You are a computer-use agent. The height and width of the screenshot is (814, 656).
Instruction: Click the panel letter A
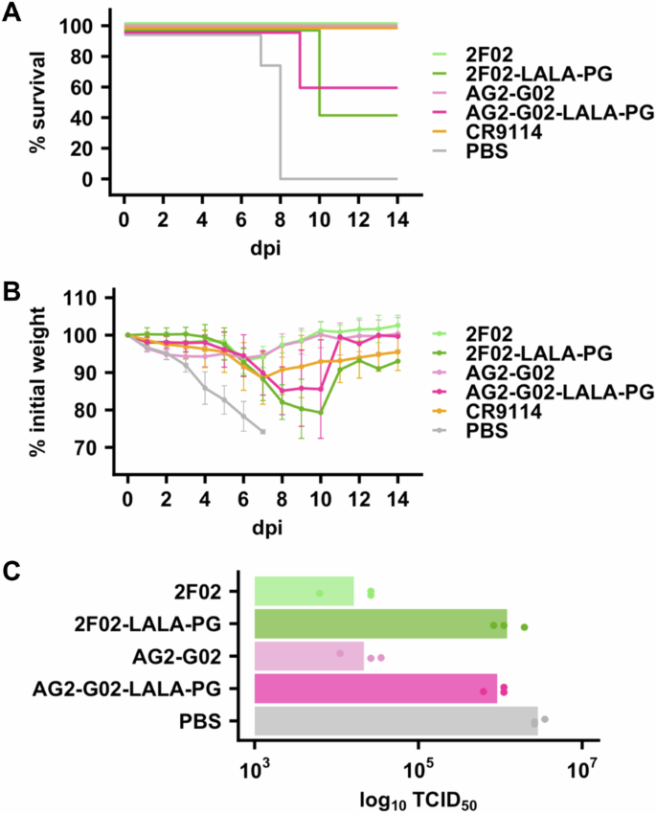coord(13,13)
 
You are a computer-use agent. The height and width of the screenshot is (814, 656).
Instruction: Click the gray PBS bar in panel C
coord(395,720)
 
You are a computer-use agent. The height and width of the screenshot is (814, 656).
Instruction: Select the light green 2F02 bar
coord(304,591)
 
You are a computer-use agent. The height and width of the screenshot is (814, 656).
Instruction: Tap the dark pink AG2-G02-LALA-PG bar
coord(374,688)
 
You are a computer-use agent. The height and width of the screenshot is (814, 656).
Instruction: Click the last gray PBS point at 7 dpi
coord(262,432)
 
